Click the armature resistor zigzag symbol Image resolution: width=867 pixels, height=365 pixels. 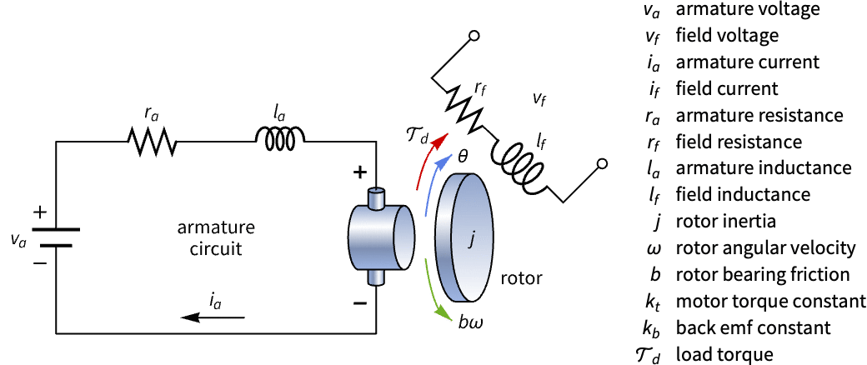pos(152,142)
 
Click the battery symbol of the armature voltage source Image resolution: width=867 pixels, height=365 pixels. pos(56,237)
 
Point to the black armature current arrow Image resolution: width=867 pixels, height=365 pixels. pos(213,317)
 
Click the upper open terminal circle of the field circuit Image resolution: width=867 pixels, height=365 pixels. pos(474,36)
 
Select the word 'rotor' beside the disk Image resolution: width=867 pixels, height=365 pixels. pos(521,279)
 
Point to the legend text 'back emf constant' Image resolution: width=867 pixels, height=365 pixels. pos(753,327)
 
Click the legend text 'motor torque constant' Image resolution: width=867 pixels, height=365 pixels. pos(770,301)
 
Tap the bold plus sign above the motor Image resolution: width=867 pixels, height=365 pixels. pos(360,173)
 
